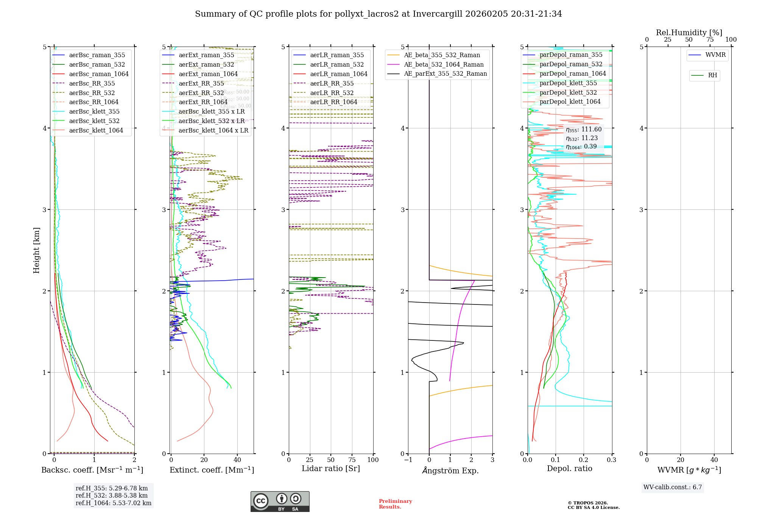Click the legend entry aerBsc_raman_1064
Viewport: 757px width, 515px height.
(98, 74)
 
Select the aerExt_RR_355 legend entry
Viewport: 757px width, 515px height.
(207, 84)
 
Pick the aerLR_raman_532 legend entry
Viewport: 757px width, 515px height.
(337, 65)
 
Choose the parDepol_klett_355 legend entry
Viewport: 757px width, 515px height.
(568, 83)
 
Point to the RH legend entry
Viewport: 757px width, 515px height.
(712, 75)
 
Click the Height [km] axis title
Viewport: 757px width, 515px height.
(36, 250)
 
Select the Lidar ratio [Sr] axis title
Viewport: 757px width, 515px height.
(330, 469)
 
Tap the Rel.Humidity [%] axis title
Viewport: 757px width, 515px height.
(689, 33)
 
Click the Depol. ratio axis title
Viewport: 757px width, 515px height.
(569, 469)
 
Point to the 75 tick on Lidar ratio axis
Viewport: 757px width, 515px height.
(352, 460)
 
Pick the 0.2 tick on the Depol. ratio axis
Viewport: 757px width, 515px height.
(584, 460)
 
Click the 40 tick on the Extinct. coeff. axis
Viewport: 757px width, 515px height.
(237, 460)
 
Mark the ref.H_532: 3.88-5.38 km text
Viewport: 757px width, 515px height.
(112, 496)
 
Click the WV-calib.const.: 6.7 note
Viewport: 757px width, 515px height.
(673, 487)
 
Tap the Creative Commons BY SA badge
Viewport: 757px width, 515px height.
(280, 502)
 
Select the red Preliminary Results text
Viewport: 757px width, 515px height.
(395, 504)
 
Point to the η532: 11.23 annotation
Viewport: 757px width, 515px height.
(582, 138)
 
